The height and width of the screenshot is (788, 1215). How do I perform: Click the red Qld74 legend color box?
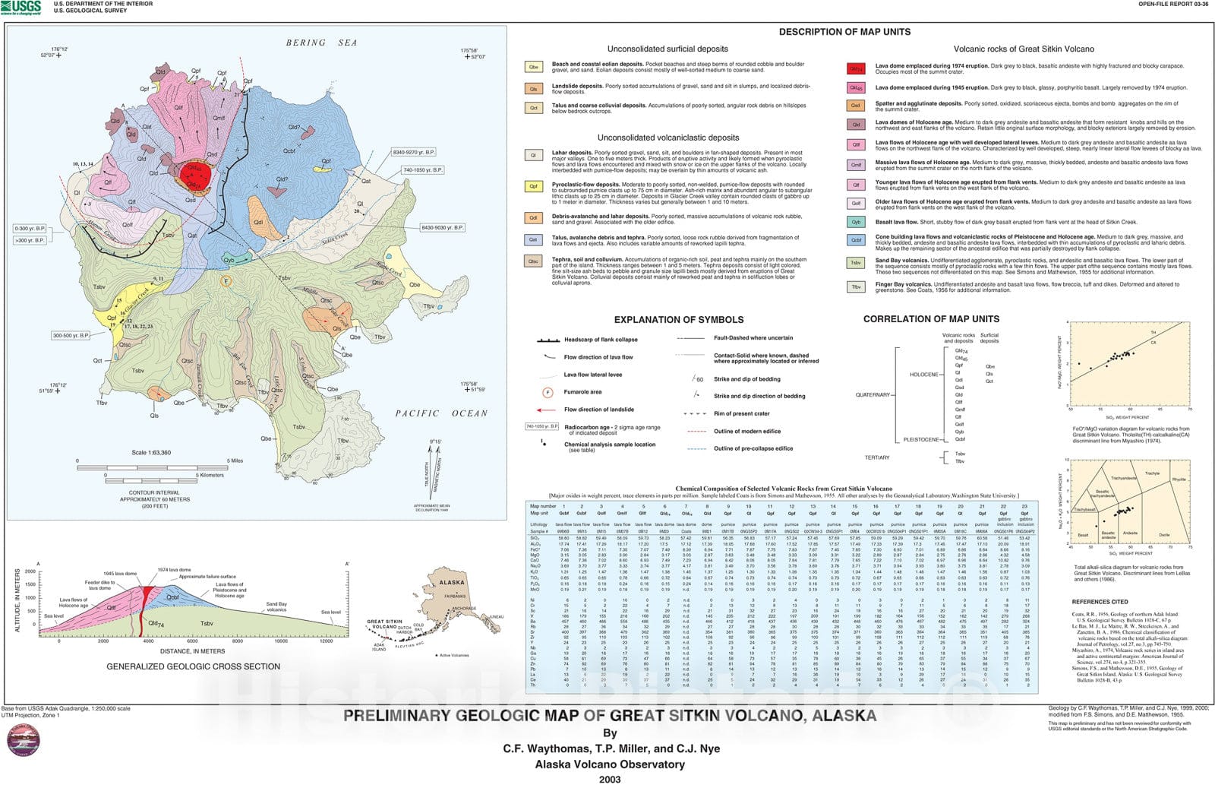pos(856,69)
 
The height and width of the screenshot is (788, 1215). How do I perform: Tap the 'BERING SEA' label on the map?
pos(321,43)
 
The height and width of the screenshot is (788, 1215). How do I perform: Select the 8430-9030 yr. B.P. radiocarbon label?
pos(443,227)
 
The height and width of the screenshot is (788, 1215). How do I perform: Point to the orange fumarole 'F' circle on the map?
pos(225,282)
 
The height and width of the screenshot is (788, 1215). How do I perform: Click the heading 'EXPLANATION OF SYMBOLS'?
pos(678,320)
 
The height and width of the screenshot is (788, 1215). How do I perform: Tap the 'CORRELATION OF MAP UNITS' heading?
pos(931,319)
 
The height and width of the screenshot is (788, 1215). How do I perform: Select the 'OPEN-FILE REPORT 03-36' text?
pos(1175,5)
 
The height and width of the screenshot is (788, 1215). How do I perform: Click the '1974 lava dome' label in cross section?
pos(174,570)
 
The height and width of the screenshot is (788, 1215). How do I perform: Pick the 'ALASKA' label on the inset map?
pos(452,583)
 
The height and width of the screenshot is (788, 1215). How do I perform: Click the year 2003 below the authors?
pos(609,779)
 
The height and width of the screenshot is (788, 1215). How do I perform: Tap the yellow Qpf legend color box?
pos(534,186)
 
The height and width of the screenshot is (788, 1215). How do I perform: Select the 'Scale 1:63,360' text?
pos(151,453)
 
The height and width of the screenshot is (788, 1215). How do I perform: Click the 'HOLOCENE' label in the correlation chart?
pos(923,375)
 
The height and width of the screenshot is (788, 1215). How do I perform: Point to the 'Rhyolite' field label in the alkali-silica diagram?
pos(1178,479)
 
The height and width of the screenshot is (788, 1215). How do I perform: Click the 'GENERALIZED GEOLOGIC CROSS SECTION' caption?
pos(193,666)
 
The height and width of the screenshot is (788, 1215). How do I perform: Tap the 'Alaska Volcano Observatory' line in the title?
pos(609,764)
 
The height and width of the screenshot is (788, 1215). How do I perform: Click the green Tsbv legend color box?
pos(856,263)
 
